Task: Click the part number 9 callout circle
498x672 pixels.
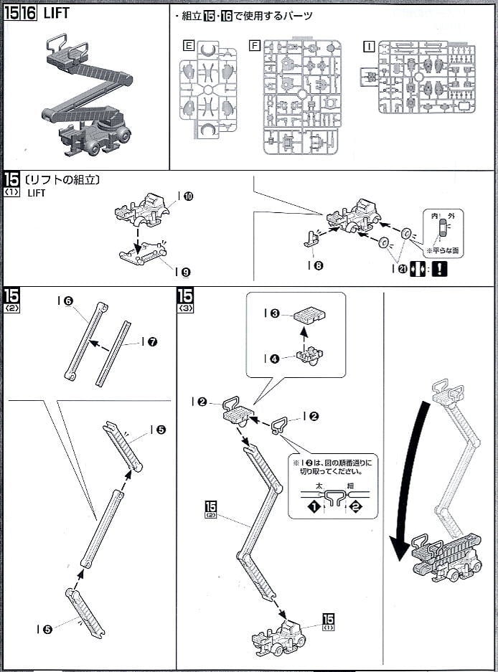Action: (x=186, y=272)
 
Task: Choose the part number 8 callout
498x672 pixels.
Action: (x=318, y=265)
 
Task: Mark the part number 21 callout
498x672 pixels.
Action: (x=403, y=268)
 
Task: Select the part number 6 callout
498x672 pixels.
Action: (x=69, y=302)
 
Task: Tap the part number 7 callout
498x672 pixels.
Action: (x=152, y=341)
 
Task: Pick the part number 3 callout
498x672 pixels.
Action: (x=276, y=313)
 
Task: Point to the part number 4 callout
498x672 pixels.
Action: (x=276, y=359)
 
